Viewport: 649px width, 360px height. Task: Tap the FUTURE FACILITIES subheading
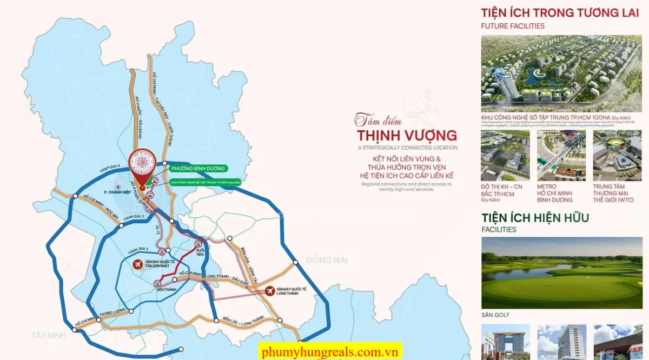click(x=513, y=26)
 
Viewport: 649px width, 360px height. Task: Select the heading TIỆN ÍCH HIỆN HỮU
click(x=535, y=218)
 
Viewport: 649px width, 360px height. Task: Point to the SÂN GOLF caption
click(x=496, y=315)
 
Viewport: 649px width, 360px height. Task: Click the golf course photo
click(x=562, y=273)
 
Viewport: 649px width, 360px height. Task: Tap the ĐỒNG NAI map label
click(x=327, y=260)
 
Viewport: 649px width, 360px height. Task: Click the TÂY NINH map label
click(x=48, y=335)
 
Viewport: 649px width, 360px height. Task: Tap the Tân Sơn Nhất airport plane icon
click(x=138, y=264)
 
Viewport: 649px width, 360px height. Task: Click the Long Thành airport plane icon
click(x=270, y=291)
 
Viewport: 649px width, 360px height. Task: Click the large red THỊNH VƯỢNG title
click(x=407, y=135)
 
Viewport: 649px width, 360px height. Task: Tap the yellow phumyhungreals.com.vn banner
click(x=330, y=351)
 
